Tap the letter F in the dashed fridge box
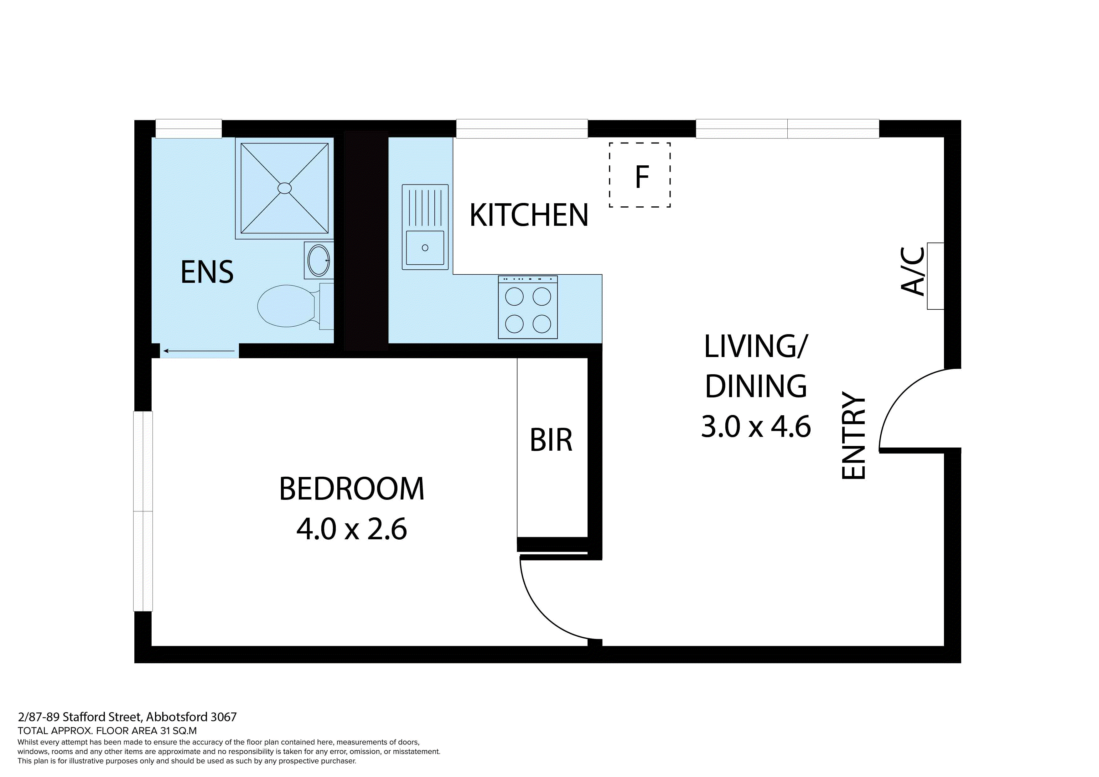click(641, 177)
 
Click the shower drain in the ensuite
click(284, 188)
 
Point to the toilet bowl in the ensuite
click(286, 306)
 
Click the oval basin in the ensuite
click(318, 260)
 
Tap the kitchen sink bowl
click(425, 247)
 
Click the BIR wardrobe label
click(551, 440)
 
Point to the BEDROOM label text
click(351, 489)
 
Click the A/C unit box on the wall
click(935, 276)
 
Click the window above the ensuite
click(189, 128)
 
